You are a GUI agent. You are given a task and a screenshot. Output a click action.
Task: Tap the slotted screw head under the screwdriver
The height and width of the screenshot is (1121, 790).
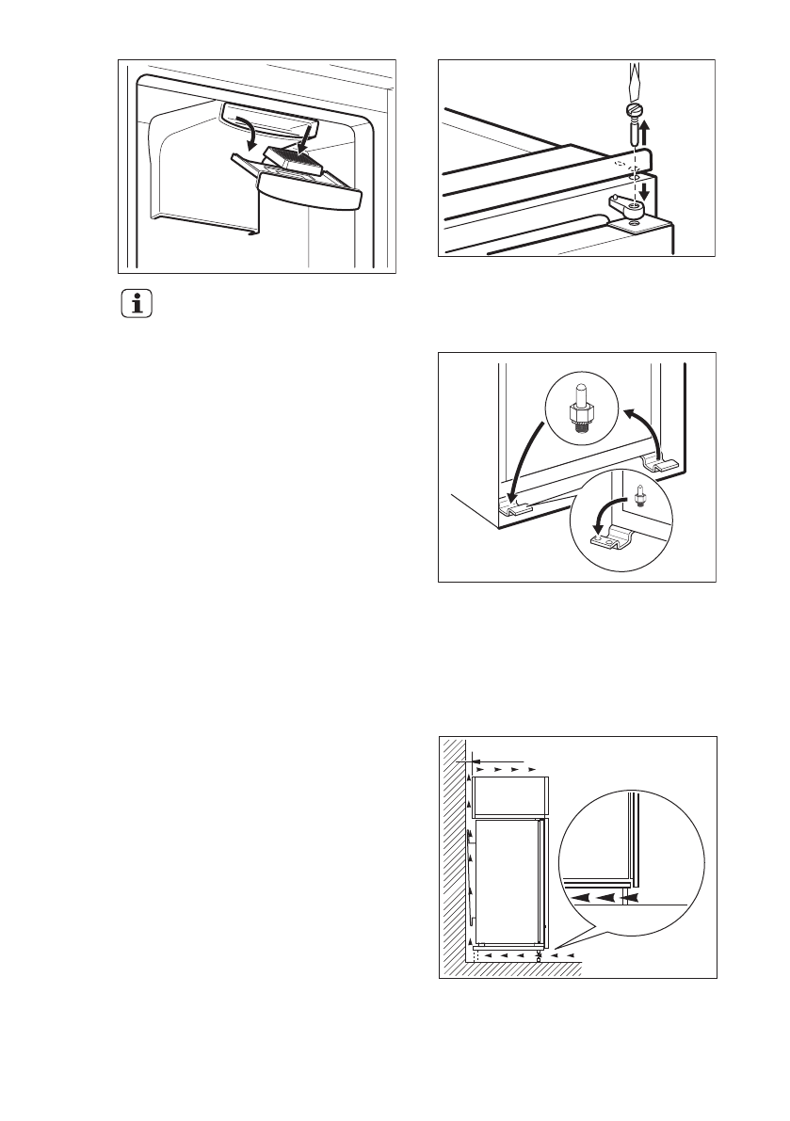point(633,112)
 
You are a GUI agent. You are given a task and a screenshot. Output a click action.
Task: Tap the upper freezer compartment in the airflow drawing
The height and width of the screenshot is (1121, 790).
point(508,797)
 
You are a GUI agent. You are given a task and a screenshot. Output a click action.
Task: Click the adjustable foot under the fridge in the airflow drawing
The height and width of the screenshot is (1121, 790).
point(540,954)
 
